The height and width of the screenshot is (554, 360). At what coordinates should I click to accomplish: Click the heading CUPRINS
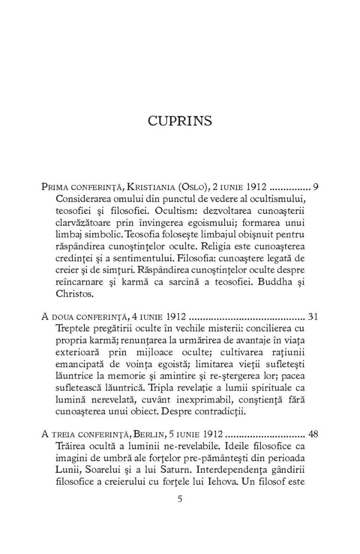(180, 121)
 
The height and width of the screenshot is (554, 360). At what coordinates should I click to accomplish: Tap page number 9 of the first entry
(316, 187)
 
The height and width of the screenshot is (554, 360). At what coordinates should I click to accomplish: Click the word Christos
(71, 294)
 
